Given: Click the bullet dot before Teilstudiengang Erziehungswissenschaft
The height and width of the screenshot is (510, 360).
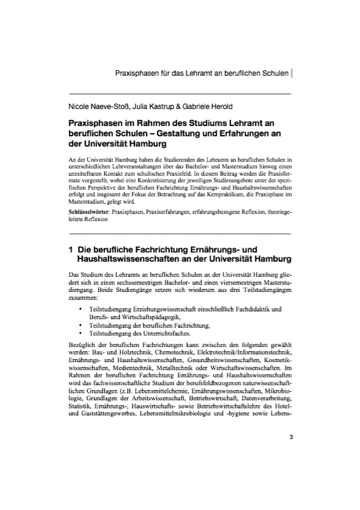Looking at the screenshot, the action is [82, 309].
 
